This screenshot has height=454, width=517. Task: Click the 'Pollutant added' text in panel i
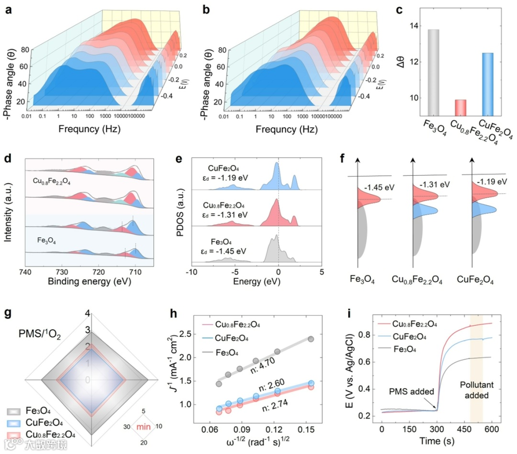click(x=472, y=390)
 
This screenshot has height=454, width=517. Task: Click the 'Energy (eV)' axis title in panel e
click(x=254, y=282)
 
